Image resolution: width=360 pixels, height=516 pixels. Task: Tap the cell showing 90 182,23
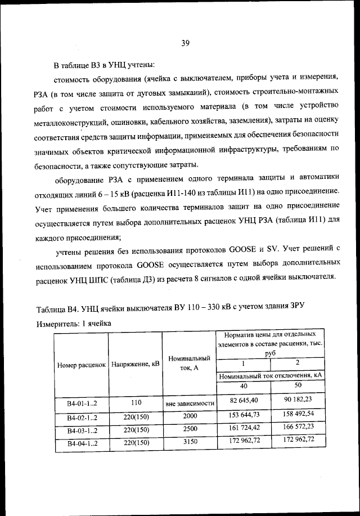299,400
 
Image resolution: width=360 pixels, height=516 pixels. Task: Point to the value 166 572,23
299,428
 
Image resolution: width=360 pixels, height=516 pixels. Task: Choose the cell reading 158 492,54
299,415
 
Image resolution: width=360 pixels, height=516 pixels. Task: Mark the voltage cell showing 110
135,403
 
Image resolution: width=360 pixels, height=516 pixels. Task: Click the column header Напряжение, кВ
136,365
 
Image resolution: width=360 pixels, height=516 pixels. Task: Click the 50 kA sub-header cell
299,385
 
